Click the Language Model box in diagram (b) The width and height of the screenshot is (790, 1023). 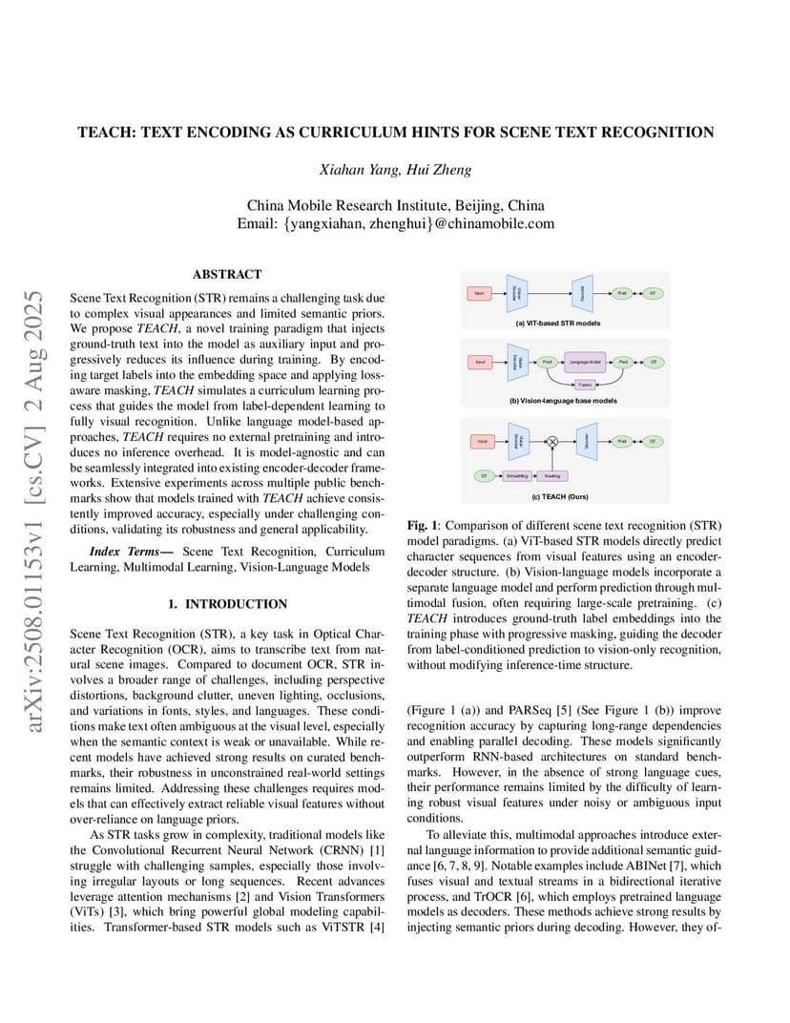[585, 363]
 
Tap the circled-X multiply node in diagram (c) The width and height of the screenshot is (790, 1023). [551, 441]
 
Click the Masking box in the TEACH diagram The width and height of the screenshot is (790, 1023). [551, 474]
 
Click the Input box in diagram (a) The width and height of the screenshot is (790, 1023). [479, 292]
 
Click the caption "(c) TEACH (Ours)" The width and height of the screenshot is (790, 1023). [558, 496]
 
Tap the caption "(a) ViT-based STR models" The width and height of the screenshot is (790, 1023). [558, 323]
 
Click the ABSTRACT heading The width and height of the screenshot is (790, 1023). [227, 274]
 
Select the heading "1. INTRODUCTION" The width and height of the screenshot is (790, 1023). [227, 604]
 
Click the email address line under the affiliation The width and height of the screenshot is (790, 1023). [395, 223]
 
